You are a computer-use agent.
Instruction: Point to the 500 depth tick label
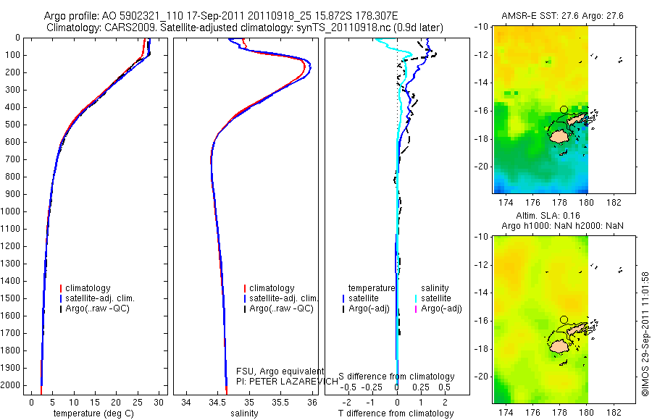[12, 125]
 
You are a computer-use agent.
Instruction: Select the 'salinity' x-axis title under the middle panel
[244, 413]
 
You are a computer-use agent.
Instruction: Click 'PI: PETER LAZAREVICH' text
[288, 381]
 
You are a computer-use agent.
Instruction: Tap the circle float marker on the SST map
[564, 109]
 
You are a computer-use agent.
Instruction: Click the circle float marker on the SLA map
[564, 319]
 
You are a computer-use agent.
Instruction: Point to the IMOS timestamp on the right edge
[645, 333]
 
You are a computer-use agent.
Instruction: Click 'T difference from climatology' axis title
[396, 413]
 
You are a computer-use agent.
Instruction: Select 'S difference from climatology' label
[397, 377]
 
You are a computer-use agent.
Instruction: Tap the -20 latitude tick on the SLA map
[483, 377]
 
